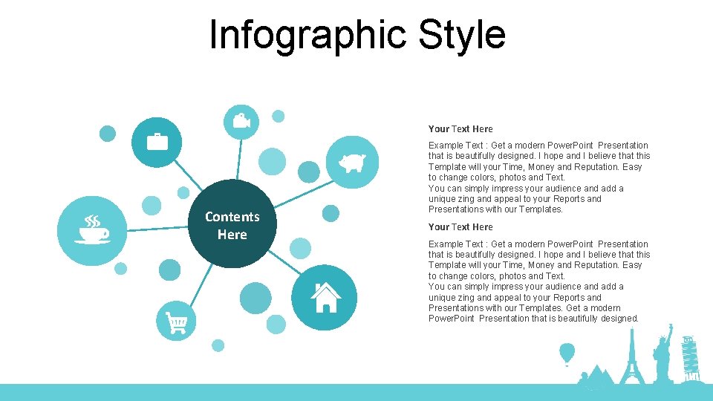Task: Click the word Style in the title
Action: click(x=462, y=34)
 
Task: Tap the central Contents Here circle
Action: click(x=232, y=224)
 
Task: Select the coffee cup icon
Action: click(x=93, y=231)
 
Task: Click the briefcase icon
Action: click(x=157, y=142)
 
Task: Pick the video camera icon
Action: click(x=241, y=120)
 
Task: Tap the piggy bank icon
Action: click(x=352, y=162)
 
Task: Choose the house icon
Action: click(x=325, y=297)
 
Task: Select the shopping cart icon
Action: click(x=177, y=322)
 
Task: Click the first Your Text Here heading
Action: click(x=460, y=129)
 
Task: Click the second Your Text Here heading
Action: click(x=460, y=227)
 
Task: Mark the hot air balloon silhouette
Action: click(x=567, y=353)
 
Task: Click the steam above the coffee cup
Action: click(x=92, y=221)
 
